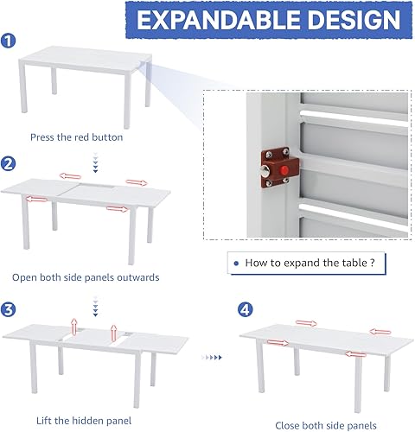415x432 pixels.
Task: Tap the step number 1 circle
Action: [x=8, y=40]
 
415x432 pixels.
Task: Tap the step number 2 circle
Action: [x=8, y=162]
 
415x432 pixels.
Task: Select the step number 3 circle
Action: [x=8, y=309]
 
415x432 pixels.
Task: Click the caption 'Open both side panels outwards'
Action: [x=86, y=277]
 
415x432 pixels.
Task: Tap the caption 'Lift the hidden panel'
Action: [x=73, y=420]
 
